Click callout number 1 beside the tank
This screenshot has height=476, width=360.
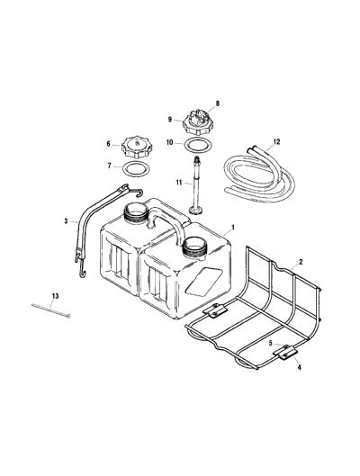click(233, 228)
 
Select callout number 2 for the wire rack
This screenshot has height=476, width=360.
click(301, 262)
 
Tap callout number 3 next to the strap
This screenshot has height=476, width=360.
click(66, 221)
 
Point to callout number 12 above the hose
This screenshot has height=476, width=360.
click(276, 142)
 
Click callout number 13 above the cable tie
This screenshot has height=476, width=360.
click(55, 296)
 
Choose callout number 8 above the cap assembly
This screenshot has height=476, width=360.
click(217, 103)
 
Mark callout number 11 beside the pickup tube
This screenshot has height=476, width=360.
click(179, 183)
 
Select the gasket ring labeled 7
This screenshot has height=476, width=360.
click(136, 169)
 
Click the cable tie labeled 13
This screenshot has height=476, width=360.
click(51, 310)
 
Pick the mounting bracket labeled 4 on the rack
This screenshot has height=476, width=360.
click(285, 353)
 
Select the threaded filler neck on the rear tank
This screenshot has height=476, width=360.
click(136, 212)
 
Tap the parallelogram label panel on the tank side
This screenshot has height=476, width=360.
click(203, 282)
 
